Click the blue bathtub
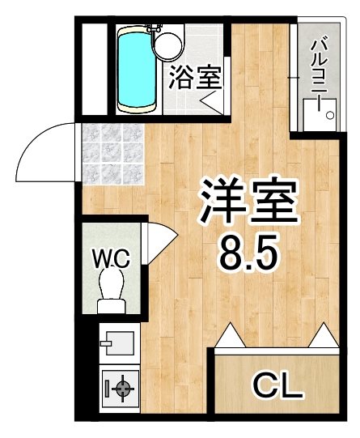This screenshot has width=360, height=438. coord(137,69)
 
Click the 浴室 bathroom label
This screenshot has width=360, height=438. coord(196,78)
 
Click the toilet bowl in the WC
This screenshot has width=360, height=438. coord(112,283)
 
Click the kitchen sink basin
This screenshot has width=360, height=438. coord(120,343)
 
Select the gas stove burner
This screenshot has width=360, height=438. coord(123,388)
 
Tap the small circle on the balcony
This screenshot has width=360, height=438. coord(330,115)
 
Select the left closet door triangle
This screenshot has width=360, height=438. coord(231,335)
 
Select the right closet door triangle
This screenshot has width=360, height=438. coord(324,335)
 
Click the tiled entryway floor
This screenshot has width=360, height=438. coord(113,154)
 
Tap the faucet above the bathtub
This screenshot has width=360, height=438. coord(154,28)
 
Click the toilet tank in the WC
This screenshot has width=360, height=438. coord(112,306)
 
